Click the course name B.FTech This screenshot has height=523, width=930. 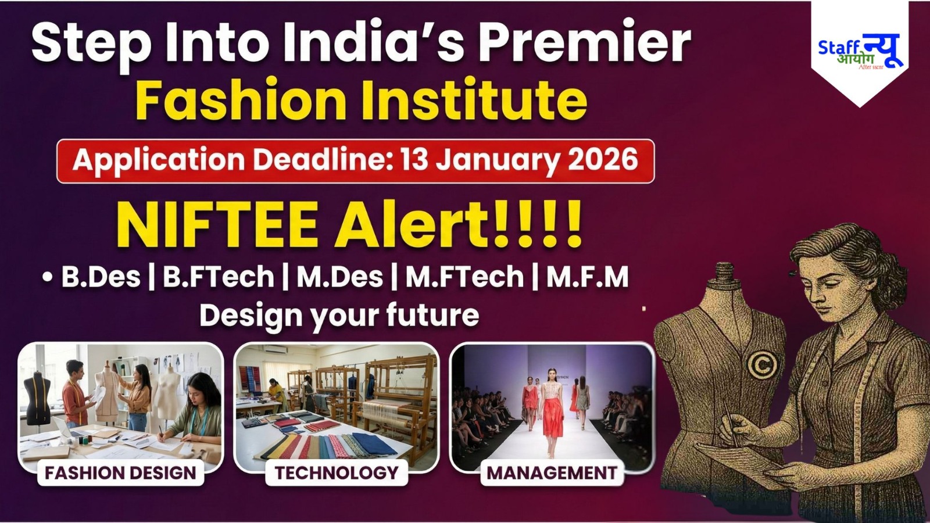(x=219, y=277)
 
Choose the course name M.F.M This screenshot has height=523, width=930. (x=588, y=277)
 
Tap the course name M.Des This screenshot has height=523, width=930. (x=339, y=277)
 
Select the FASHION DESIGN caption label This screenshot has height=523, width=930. (x=120, y=472)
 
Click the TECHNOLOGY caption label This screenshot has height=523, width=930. (x=337, y=472)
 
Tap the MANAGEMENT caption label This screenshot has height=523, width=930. (x=552, y=472)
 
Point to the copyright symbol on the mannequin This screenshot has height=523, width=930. (x=762, y=364)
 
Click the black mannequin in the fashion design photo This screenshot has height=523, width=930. (x=38, y=398)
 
